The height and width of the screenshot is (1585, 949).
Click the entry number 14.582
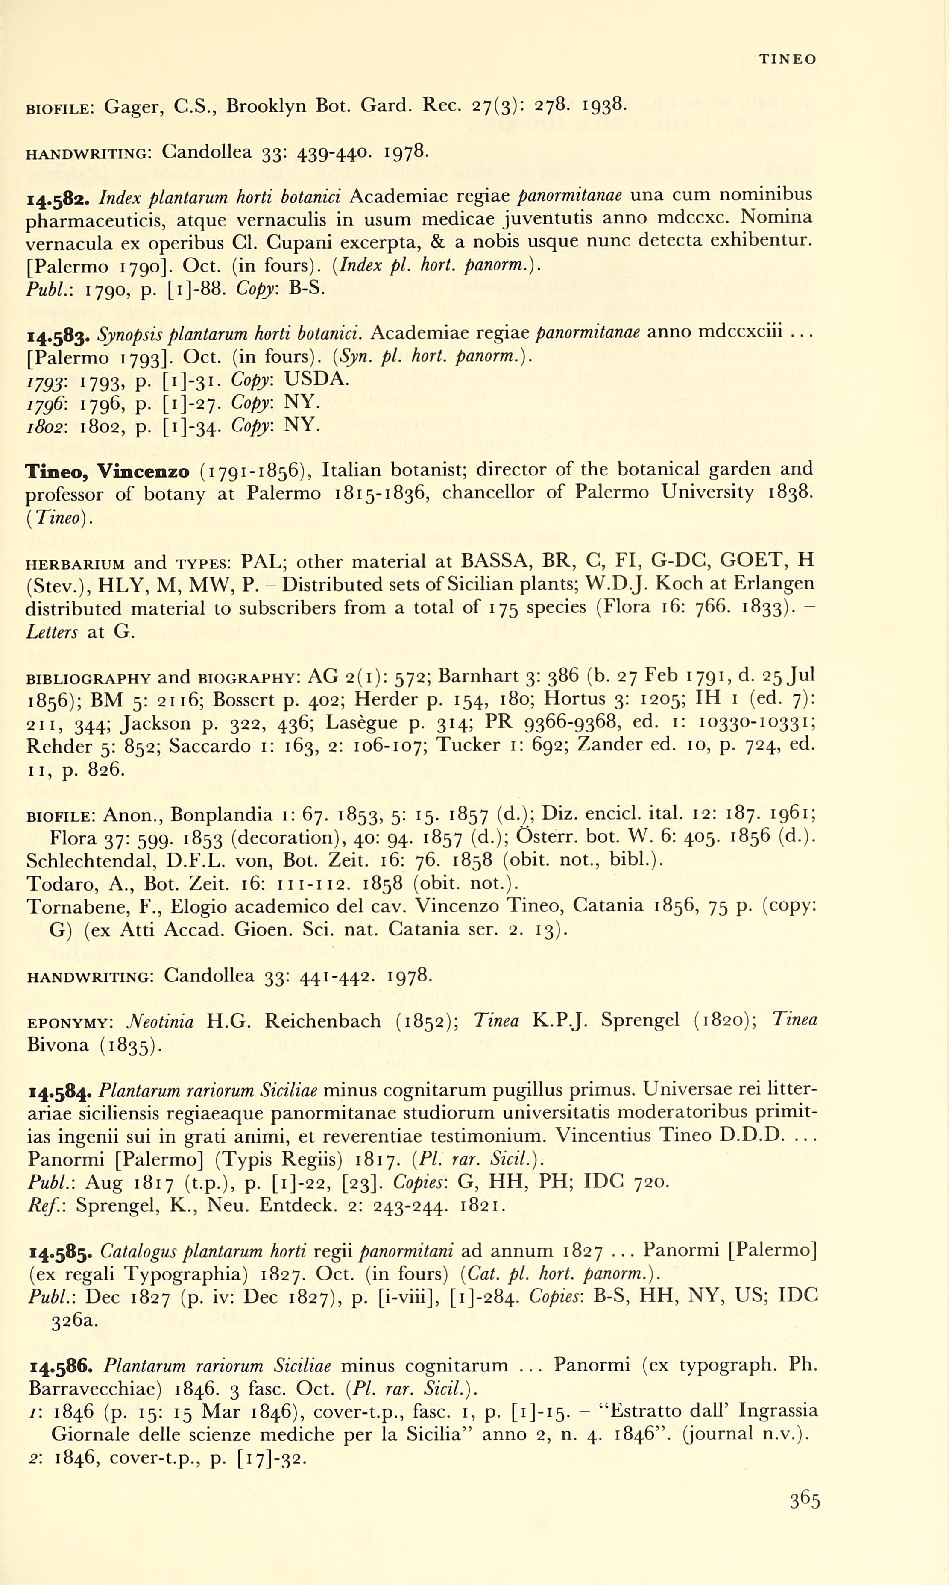[61, 198]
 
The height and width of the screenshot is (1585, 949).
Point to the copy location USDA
[316, 379]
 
